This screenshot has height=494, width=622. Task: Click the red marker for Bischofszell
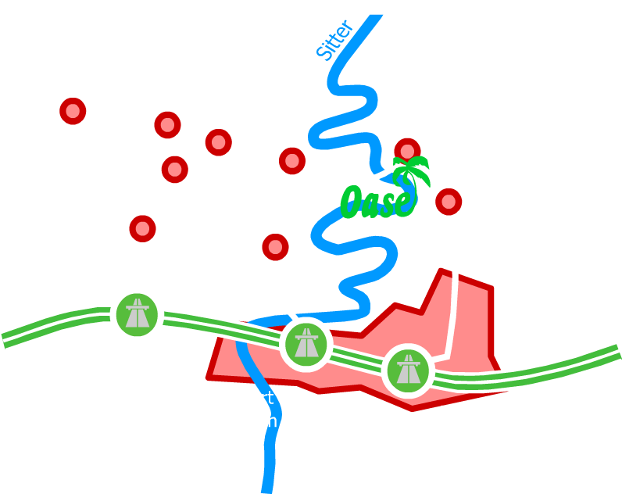point(73,111)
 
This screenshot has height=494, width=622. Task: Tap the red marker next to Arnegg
point(142,229)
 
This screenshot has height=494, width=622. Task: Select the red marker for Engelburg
point(274,246)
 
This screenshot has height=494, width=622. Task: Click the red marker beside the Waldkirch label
point(173,168)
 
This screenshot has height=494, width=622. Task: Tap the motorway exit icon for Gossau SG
point(138,314)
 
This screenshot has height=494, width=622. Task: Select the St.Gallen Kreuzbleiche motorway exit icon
point(304,344)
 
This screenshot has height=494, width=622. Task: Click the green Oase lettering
point(377,201)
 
